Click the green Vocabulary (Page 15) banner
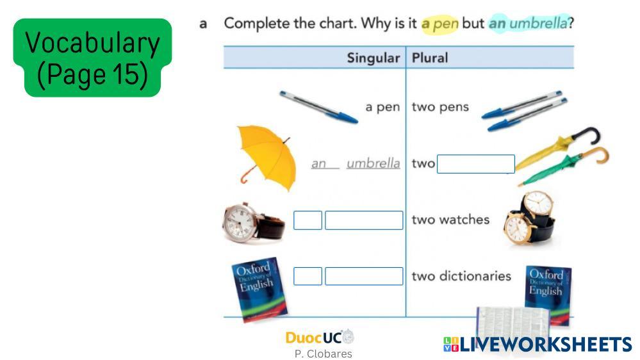[93, 58]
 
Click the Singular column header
[373, 58]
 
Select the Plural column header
[429, 58]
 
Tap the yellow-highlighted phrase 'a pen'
[440, 24]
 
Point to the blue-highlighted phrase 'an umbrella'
[528, 23]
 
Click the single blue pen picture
[318, 107]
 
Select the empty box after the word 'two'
[475, 164]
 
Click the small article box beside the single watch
[308, 220]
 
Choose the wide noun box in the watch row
[364, 220]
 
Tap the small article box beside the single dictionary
[308, 276]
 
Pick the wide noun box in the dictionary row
[364, 276]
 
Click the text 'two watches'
[450, 220]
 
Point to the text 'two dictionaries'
[461, 276]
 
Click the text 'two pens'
[440, 107]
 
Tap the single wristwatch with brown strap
[253, 222]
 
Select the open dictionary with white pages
[513, 322]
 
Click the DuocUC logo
[320, 337]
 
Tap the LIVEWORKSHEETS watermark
[537, 344]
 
